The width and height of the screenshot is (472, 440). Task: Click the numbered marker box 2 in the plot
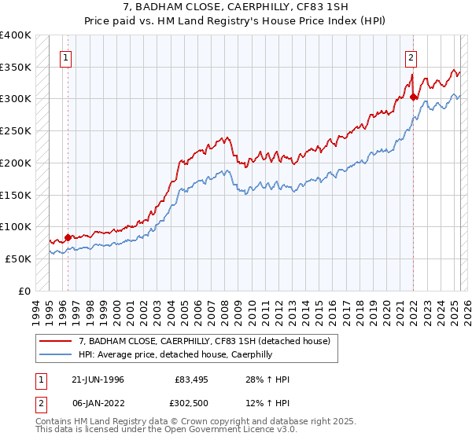[x=411, y=57]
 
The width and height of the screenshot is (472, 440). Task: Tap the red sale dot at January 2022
[x=414, y=97]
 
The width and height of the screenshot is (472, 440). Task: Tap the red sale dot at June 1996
[x=68, y=236]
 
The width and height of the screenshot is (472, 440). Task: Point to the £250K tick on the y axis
[x=16, y=130]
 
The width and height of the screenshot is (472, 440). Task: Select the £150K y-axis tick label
[x=16, y=194]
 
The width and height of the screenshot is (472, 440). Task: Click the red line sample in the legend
[x=56, y=340]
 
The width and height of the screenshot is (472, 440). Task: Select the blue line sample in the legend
[x=56, y=354]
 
